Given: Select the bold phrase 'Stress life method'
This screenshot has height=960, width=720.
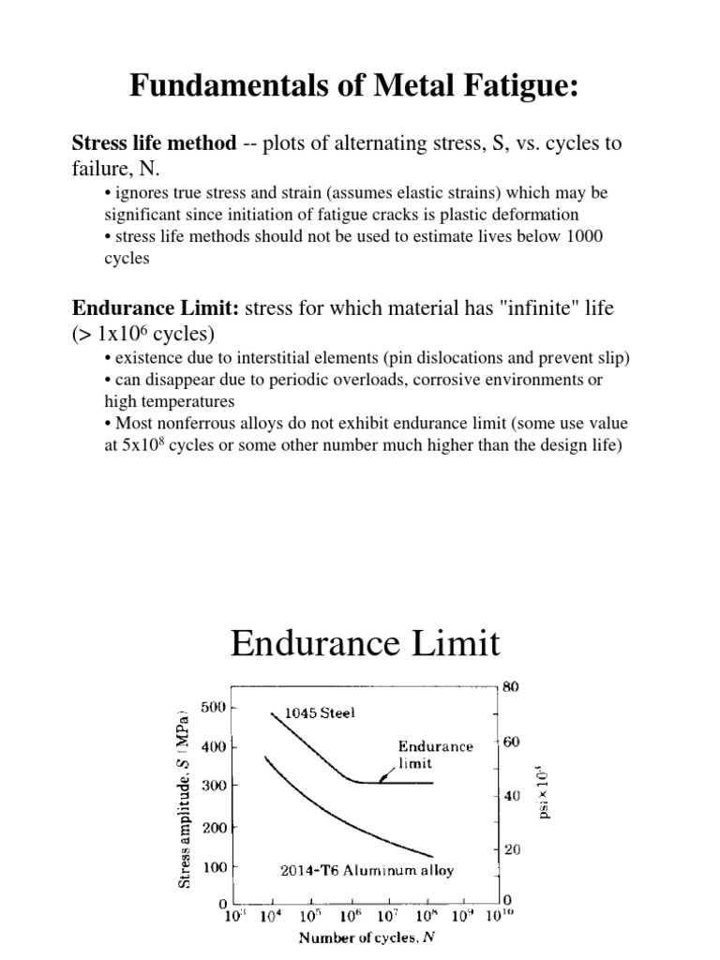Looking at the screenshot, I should [x=154, y=144].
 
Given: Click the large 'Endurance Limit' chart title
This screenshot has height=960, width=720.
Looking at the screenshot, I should [x=365, y=644].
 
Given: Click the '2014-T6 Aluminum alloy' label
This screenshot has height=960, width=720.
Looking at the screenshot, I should [x=367, y=870].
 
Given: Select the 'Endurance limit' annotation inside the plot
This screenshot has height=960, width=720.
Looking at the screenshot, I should [x=436, y=755].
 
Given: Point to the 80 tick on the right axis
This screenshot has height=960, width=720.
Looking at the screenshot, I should [x=511, y=686].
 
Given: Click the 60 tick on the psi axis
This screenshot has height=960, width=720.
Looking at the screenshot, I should [x=511, y=741].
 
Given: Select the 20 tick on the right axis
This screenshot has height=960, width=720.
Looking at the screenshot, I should [x=511, y=849].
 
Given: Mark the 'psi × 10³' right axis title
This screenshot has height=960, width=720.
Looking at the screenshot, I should [x=545, y=793].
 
